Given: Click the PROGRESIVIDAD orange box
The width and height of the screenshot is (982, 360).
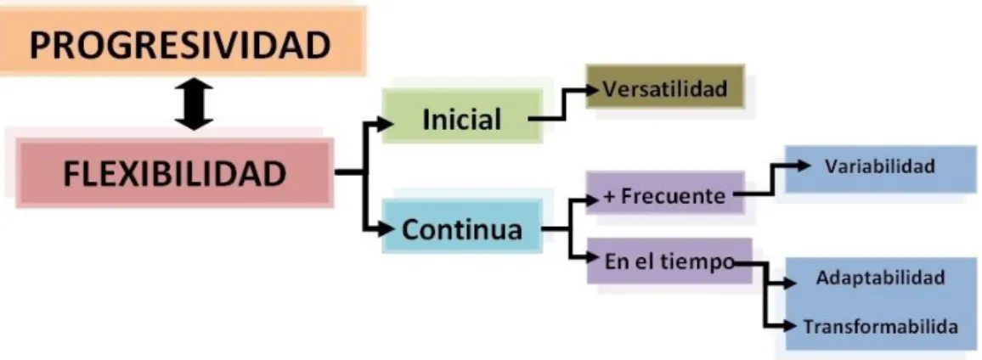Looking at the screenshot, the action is click(182, 42).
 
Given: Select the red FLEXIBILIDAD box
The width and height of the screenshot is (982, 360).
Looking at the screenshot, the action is click(174, 173).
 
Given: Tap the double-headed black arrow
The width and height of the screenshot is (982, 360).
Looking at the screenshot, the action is click(195, 104).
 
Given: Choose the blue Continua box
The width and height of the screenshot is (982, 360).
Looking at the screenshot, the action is click(462, 227).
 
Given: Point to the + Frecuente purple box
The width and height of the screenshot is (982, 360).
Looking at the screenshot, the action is click(665, 194).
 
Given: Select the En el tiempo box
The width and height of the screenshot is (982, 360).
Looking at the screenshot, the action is click(669, 261).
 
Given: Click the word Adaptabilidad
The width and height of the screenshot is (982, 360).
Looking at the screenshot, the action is click(880, 278).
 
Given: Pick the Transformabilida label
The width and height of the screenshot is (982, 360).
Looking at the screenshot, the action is click(880, 326).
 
